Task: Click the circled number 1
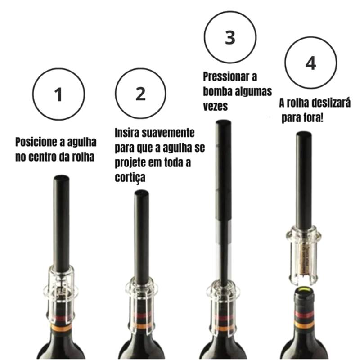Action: coord(58,94)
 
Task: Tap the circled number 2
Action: coord(140,94)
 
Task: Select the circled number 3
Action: coord(230,37)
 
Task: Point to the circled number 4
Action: coord(311,63)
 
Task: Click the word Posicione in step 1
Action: coord(36,142)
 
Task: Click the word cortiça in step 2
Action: coord(130,177)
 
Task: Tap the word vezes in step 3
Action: coord(215,106)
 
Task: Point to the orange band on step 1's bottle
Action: coord(61,328)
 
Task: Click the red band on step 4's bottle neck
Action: coord(305,314)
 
